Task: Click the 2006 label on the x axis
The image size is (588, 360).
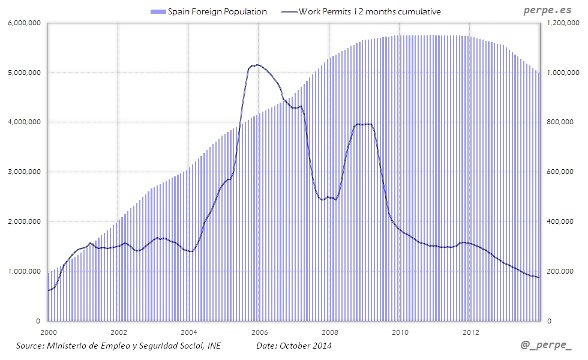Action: pos(259,332)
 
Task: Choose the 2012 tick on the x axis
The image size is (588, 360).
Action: pos(471,332)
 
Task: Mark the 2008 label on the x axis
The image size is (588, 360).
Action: pos(329,332)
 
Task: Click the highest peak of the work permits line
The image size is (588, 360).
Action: pos(257,65)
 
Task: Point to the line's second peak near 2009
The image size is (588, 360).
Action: pos(364,124)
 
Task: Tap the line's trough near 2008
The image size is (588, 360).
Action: pos(323,199)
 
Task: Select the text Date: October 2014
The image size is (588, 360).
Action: pos(293,346)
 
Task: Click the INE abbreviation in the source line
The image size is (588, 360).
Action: pos(214,346)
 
